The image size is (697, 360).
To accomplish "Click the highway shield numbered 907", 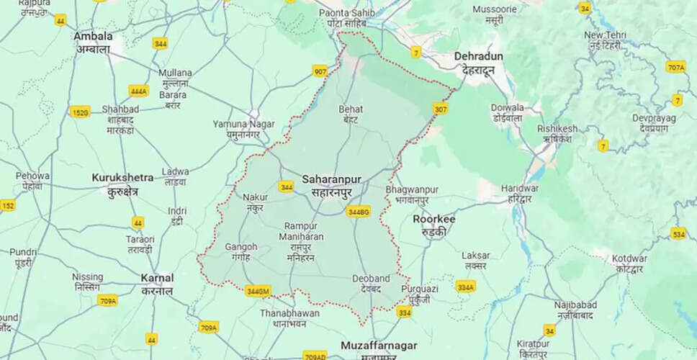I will click(x=320, y=71).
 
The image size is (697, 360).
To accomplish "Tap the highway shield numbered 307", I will click(x=441, y=109).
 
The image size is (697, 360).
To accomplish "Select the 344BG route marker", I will click(x=358, y=212).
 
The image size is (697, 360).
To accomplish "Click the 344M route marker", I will click(x=257, y=291).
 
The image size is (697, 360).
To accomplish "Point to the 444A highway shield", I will click(x=138, y=91).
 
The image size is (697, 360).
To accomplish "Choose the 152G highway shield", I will click(x=80, y=112).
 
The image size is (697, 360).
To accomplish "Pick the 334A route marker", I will click(x=466, y=287).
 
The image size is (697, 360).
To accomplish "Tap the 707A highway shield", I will click(x=675, y=68).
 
